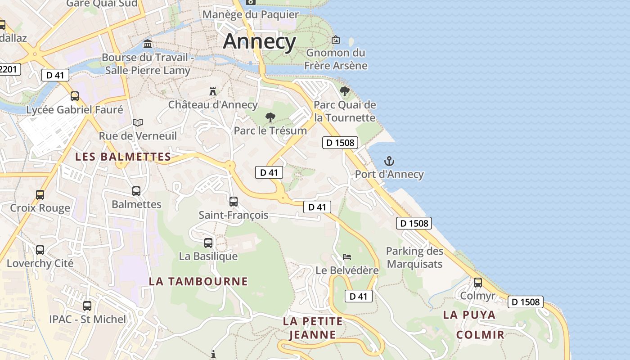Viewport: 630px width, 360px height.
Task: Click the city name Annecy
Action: pos(260,41)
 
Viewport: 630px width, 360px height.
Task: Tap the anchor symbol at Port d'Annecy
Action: pos(389,161)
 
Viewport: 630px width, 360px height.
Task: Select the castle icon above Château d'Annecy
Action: pos(213,91)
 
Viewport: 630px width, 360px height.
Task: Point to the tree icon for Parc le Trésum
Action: pos(270,117)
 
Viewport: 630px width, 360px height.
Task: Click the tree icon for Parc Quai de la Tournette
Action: pos(345,91)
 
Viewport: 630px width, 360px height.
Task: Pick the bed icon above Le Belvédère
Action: pos(346,257)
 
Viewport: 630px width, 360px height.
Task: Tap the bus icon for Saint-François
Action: pos(233,201)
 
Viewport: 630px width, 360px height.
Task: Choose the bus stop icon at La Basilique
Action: pos(208,243)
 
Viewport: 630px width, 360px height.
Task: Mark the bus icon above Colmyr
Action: pos(477,282)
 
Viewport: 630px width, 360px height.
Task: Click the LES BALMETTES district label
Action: pos(123,157)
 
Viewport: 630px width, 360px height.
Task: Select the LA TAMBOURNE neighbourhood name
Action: pos(198,281)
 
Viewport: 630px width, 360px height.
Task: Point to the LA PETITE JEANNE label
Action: pos(313,328)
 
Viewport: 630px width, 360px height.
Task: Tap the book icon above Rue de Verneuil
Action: pos(138,122)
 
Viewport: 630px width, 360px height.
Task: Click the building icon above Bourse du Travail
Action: pos(148,44)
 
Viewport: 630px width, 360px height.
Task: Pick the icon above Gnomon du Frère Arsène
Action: pos(336,40)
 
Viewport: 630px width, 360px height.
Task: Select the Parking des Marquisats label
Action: pos(414,257)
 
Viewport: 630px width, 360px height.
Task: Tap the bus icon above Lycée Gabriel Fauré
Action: pos(75,96)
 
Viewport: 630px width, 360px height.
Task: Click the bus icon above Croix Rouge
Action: pos(40,194)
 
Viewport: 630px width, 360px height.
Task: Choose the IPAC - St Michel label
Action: pos(88,319)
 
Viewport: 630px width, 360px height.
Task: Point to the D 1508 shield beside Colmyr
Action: pos(525,301)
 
